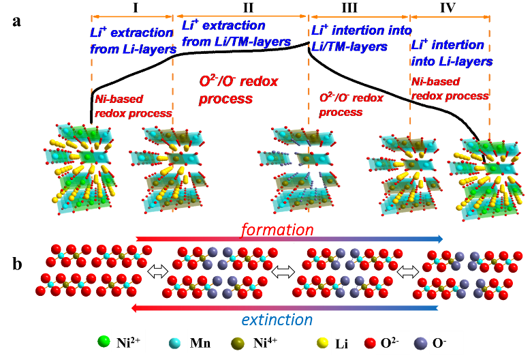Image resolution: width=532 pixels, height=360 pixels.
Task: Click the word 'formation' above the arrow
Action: pos(277,230)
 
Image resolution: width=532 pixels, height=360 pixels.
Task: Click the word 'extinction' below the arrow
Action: pos(277,320)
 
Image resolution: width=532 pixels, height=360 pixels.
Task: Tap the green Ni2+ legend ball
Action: pos(104,339)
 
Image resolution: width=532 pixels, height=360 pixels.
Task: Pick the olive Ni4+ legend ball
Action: pos(238,340)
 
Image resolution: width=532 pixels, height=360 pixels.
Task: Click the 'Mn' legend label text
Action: pos(200,343)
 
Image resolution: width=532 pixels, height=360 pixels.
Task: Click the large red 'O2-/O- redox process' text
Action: pos(238,90)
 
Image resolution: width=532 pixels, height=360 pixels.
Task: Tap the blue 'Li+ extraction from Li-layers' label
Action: pos(131,41)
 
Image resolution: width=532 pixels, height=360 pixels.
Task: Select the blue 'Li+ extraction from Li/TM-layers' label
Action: pos(236,33)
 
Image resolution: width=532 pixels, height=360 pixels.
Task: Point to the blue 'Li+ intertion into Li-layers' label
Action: pos(451,53)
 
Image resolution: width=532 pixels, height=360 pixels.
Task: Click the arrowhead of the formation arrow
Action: pos(439,239)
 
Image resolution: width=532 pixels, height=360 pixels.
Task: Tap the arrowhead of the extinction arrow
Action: pos(136,308)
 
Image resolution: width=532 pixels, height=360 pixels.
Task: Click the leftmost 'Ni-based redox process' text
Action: pos(133,106)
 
